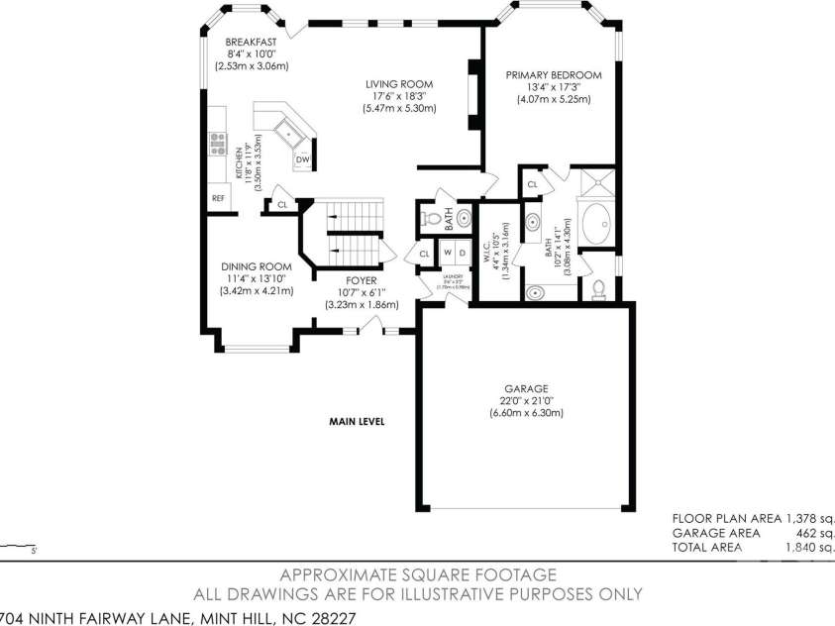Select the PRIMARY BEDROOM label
coord(553,74)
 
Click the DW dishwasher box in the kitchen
coord(303,159)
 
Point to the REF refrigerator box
coord(218,198)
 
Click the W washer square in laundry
coord(447,252)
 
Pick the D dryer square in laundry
coord(463,252)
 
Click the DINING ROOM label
coord(256,266)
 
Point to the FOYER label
coord(347,280)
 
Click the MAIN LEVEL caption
coord(357,422)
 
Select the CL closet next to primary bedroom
coord(532,184)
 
